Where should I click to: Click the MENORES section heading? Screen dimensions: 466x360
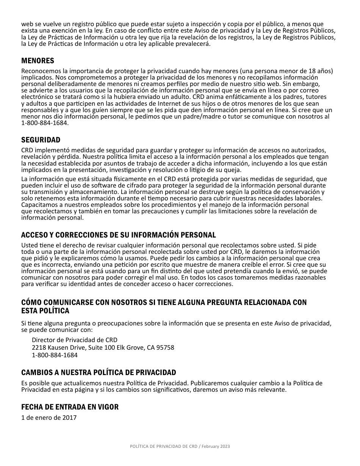[x=38, y=61]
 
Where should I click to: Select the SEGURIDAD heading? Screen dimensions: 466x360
[x=41, y=140]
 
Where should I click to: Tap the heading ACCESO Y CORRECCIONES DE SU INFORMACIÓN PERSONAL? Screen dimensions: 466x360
[x=118, y=235]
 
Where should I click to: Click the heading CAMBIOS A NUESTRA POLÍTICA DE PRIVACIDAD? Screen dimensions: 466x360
[x=99, y=372]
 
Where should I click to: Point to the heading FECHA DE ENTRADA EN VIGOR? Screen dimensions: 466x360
[x=70, y=407]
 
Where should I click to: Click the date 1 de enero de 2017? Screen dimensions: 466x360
[x=49, y=418]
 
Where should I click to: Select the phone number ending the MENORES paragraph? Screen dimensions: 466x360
[x=45, y=123]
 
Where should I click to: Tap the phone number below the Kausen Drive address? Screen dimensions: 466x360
[x=55, y=355]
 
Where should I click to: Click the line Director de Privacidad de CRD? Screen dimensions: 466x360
[x=74, y=340]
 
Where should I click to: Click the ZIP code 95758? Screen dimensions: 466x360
[x=166, y=347]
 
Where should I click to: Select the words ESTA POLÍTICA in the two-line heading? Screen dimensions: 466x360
[x=45, y=311]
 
